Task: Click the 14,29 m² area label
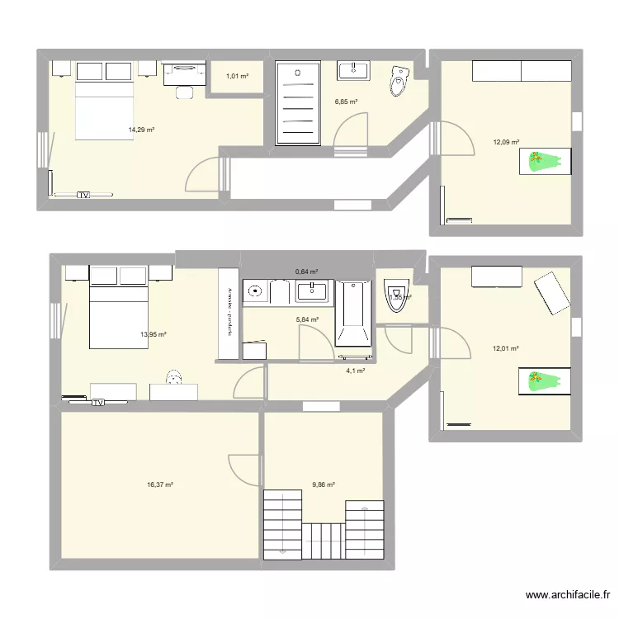pos(141,130)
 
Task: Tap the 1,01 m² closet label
pos(237,77)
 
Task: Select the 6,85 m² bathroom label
pos(346,102)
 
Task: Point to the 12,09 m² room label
pos(506,142)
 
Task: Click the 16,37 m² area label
pos(159,485)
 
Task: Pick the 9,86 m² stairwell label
pos(324,485)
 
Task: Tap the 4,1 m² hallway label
pos(355,371)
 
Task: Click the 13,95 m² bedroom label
pos(154,334)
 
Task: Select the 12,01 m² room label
pos(505,348)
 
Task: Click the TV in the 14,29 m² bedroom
pos(83,196)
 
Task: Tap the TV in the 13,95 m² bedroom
pos(98,403)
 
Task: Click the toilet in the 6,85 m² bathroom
pos(399,81)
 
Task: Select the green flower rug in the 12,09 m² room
pos(545,162)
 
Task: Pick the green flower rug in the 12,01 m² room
pos(545,380)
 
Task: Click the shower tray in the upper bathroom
pos(297,102)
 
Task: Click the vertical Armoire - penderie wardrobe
pos(228,314)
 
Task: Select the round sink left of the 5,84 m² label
pos(255,291)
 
